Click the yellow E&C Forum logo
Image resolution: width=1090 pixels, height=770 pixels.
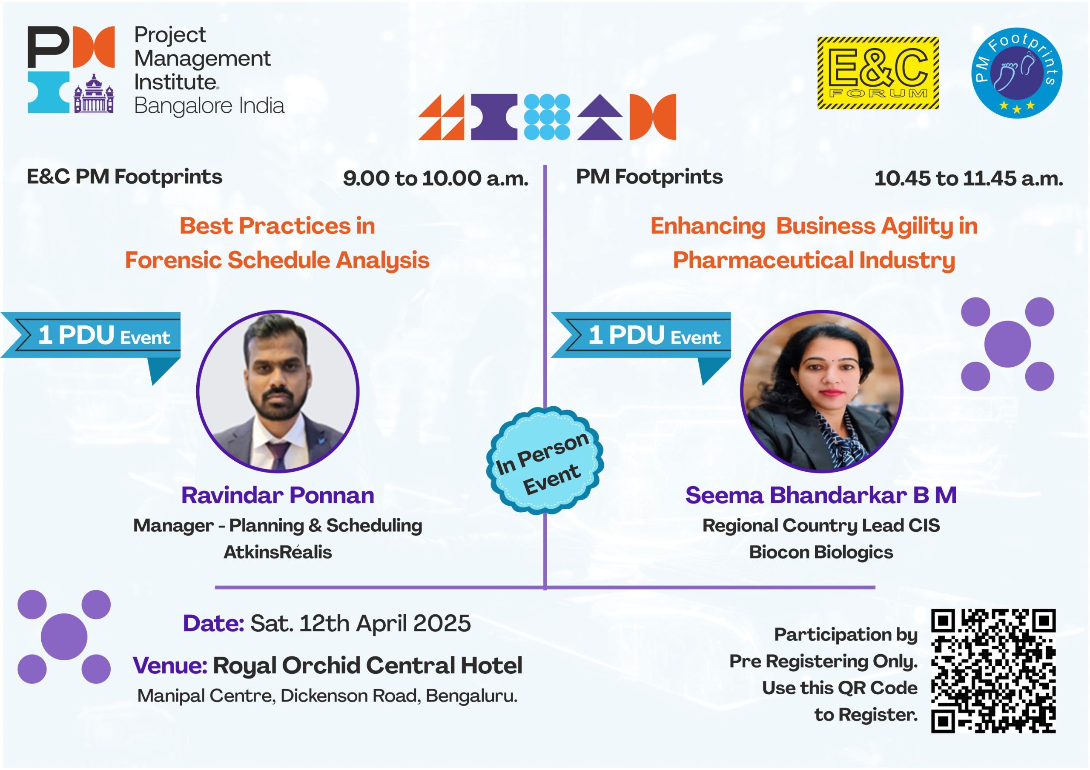pos(878,73)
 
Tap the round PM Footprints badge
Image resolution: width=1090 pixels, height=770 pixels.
pos(1016,73)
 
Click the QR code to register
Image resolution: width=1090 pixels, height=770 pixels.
pos(993,670)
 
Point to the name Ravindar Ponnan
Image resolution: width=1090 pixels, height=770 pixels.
pos(278,495)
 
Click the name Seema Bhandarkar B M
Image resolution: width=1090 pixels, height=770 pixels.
pos(821,495)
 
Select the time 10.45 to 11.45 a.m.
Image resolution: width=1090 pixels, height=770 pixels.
pos(969,178)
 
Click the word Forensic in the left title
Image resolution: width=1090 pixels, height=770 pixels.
pos(173,260)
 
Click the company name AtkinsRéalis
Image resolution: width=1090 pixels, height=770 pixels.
pos(278,552)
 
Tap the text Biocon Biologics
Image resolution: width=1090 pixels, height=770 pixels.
pos(821,552)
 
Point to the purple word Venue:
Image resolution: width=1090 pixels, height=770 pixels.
pos(170,665)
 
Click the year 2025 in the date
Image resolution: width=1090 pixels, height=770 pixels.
pos(442,623)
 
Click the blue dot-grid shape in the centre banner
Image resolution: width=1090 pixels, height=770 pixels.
pos(547,117)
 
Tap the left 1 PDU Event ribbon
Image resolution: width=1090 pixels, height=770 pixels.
pos(91,342)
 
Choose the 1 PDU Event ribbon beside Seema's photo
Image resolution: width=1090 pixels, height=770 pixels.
pos(641,342)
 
